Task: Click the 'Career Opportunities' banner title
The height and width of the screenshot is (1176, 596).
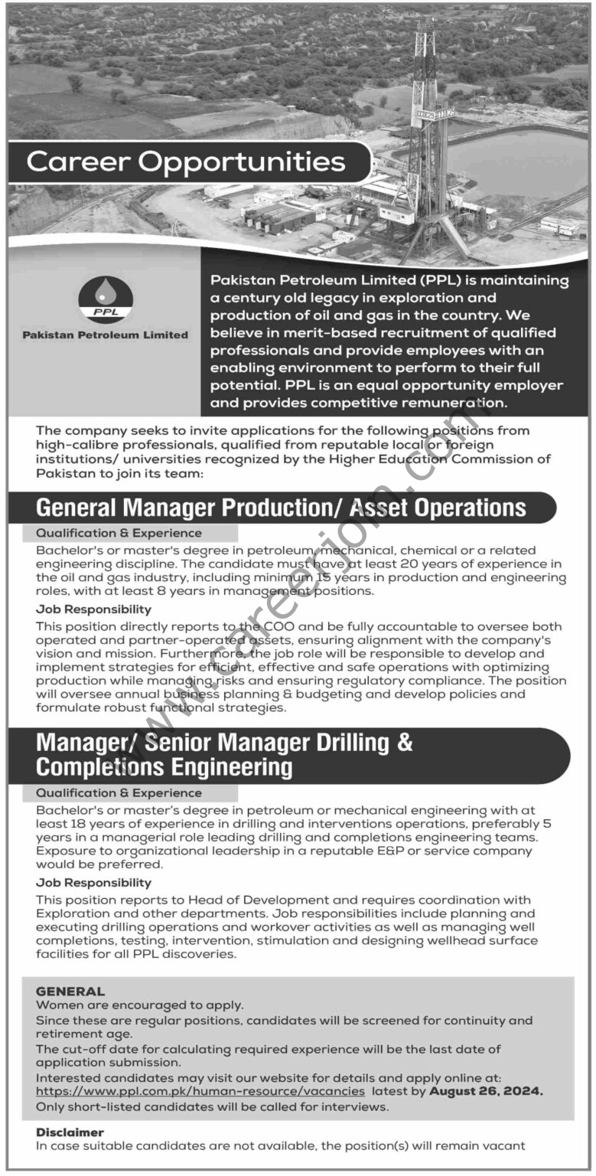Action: click(x=186, y=162)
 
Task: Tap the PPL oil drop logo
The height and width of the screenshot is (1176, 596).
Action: click(x=106, y=299)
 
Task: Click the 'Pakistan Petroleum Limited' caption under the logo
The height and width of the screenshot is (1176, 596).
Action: click(x=106, y=335)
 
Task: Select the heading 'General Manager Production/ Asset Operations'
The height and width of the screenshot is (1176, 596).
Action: click(x=281, y=507)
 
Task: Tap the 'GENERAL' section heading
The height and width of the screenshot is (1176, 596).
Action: click(x=70, y=991)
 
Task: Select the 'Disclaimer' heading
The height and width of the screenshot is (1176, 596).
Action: click(x=70, y=1132)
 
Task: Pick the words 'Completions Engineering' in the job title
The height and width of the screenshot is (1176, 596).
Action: click(x=164, y=766)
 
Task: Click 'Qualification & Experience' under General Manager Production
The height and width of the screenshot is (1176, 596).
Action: click(x=119, y=533)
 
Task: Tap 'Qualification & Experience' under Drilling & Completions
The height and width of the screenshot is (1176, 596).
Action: click(x=119, y=793)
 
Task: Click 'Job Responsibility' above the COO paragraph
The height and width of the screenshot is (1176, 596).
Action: click(x=93, y=610)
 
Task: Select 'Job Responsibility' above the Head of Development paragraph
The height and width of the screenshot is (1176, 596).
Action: click(x=93, y=883)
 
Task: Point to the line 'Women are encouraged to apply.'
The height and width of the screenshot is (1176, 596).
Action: click(x=140, y=1005)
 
